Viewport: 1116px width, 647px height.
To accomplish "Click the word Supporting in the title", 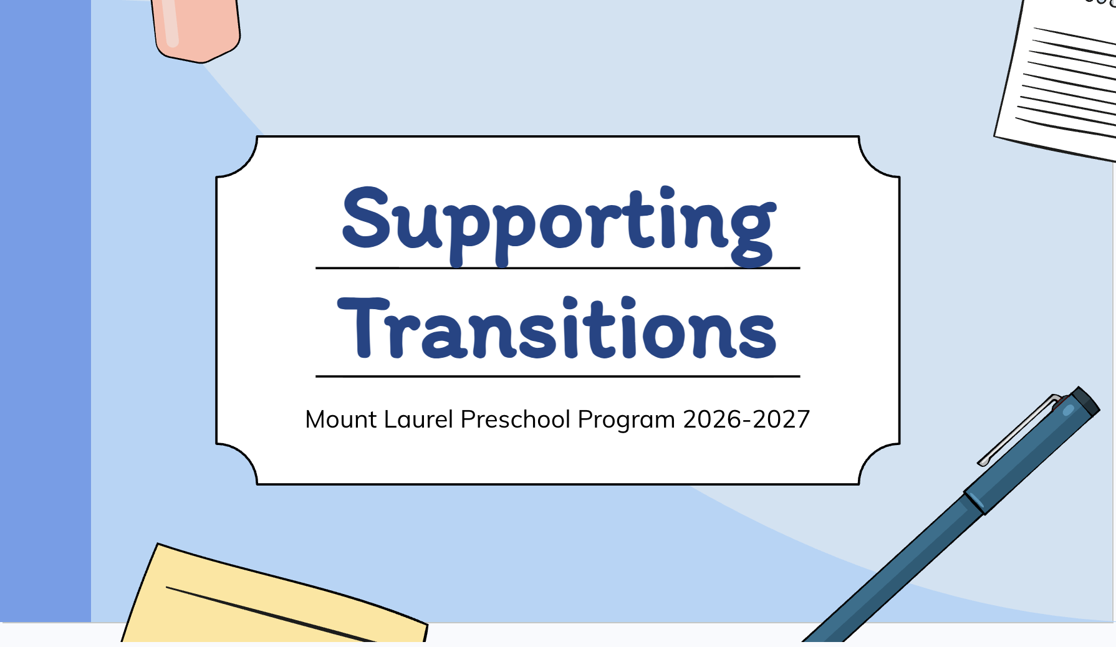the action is click(x=559, y=226).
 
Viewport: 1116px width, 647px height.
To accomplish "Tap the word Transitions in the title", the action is click(x=557, y=328).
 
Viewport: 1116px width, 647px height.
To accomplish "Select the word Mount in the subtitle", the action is click(x=341, y=419).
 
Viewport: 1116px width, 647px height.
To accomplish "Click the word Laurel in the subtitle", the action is click(x=418, y=419).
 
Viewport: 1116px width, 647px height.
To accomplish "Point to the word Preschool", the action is click(x=516, y=419).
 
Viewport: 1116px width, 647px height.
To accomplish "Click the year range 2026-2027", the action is click(x=746, y=419).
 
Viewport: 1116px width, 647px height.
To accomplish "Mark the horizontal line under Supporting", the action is click(x=558, y=268).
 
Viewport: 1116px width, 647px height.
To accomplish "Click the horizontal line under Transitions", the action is click(x=558, y=376).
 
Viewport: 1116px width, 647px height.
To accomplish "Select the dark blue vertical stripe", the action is click(x=46, y=311).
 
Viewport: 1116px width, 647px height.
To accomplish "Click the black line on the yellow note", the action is click(x=271, y=614).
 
